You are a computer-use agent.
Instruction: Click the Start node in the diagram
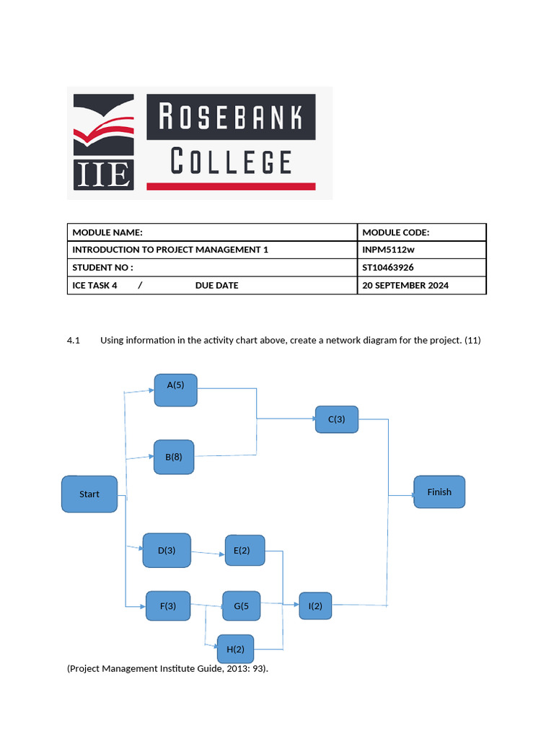tap(89, 494)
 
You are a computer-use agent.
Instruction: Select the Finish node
tap(439, 492)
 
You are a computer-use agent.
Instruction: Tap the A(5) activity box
tap(175, 390)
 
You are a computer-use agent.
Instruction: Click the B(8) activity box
tap(174, 457)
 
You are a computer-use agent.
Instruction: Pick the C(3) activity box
tap(337, 419)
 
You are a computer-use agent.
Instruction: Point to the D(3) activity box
tap(167, 551)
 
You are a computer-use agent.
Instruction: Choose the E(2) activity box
tap(245, 551)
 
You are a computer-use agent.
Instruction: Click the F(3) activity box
tap(168, 606)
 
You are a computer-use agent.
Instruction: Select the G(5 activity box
tap(242, 606)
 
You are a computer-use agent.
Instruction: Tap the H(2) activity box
tap(235, 650)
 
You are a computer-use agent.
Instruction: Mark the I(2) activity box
tap(316, 607)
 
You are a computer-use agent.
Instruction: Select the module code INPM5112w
tap(390, 250)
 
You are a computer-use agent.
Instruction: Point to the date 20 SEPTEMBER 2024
tap(405, 285)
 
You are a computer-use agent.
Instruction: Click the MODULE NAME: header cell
tap(107, 232)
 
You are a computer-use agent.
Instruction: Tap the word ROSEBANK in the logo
tap(231, 117)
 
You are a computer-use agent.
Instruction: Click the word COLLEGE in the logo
tap(231, 162)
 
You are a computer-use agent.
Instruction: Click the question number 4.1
tap(75, 341)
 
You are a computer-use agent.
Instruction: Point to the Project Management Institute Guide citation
tap(167, 669)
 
